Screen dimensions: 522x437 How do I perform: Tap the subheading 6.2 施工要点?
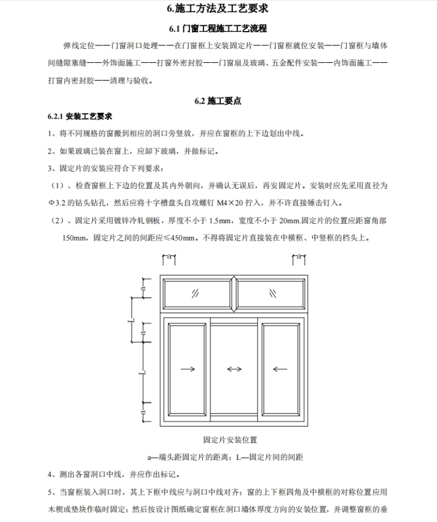(x=218, y=101)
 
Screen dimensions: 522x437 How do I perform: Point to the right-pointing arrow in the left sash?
(x=188, y=369)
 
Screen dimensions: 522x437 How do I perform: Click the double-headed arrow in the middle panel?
(x=234, y=369)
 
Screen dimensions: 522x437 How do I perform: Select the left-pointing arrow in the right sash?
(x=280, y=369)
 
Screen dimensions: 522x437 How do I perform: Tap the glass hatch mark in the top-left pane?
(x=195, y=293)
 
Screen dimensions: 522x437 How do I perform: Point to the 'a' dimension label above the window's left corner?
(x=169, y=258)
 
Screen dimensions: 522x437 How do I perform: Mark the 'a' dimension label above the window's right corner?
(x=298, y=258)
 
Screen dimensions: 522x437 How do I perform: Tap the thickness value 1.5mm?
(x=220, y=220)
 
